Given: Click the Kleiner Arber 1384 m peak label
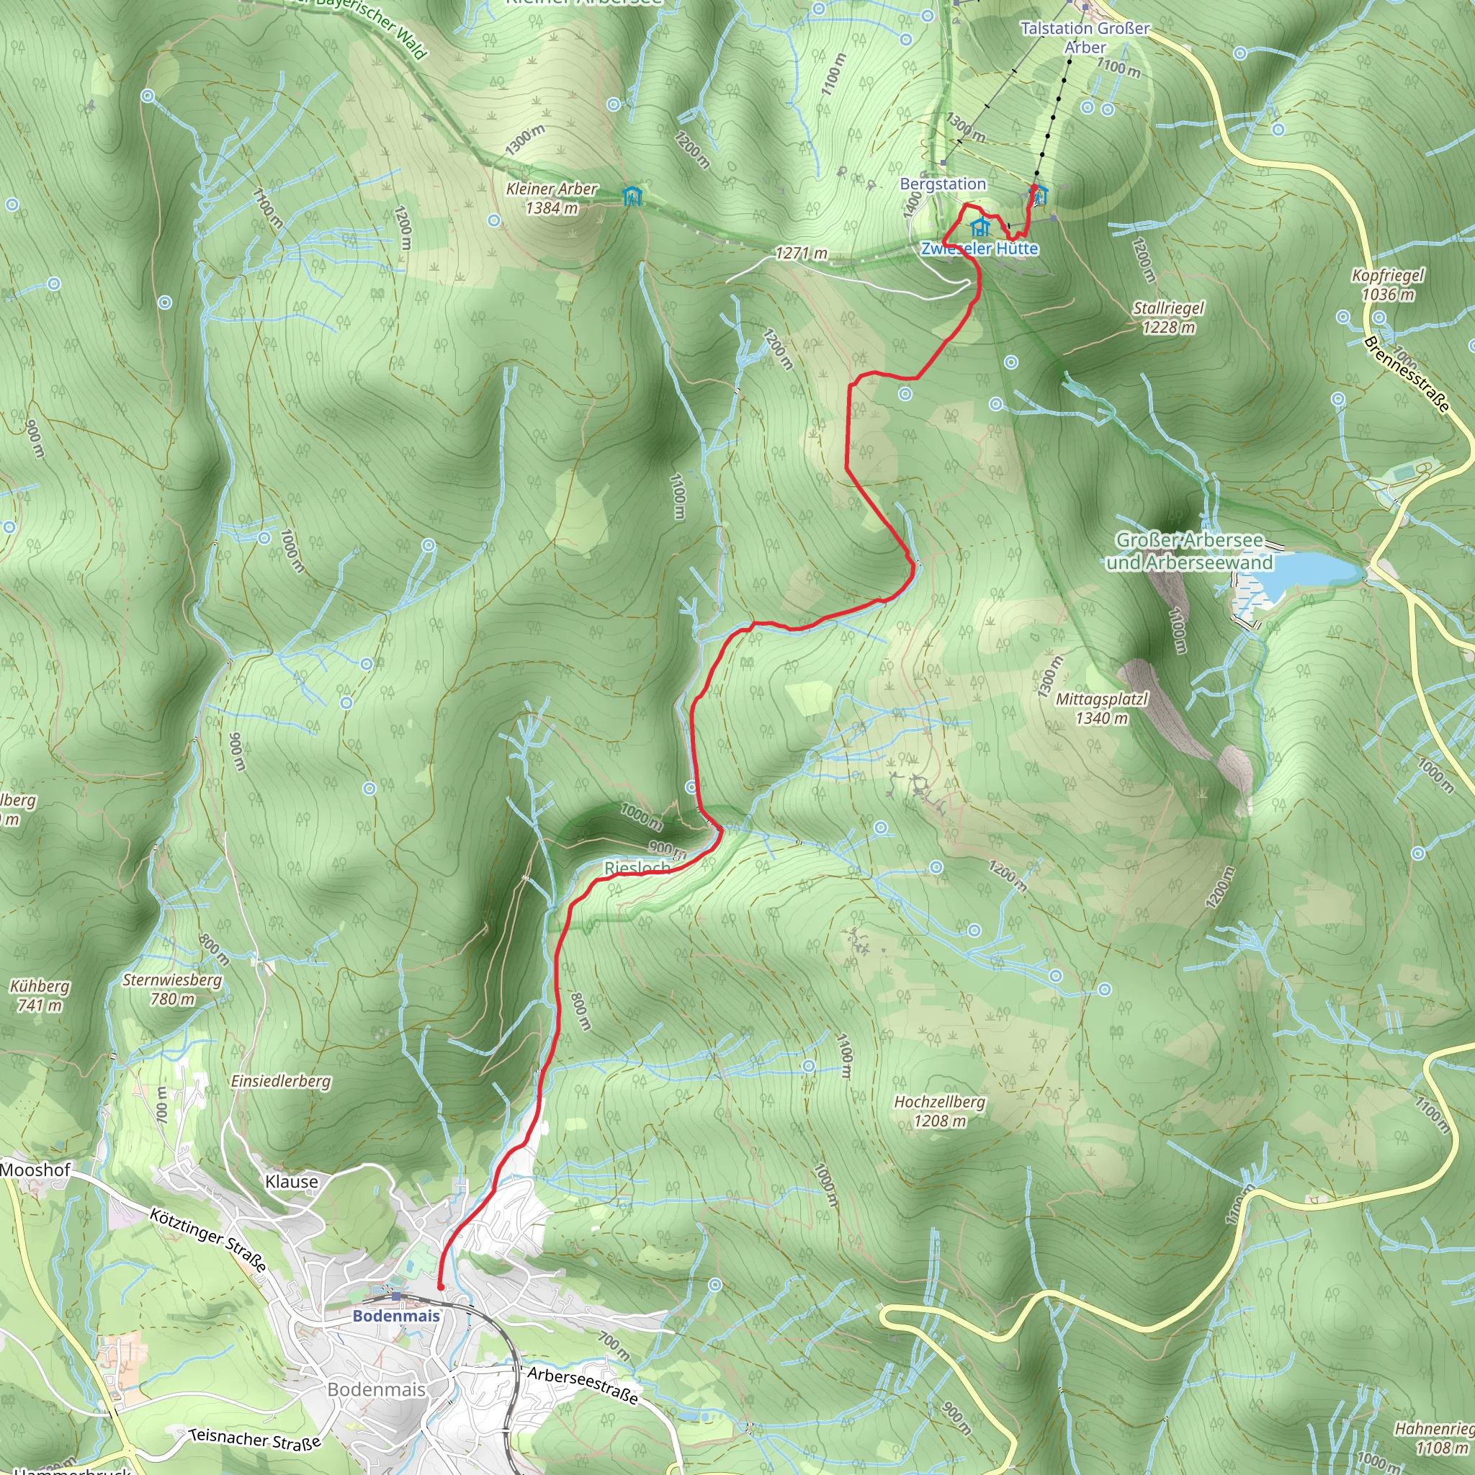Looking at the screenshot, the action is point(551,198).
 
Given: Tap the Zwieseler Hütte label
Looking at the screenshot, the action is point(979,249).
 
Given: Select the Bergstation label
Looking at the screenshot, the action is point(943,184).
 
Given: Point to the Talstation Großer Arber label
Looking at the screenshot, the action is point(1085,37).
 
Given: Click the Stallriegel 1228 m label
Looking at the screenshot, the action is point(1168,318).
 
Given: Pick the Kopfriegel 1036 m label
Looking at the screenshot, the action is point(1387,284).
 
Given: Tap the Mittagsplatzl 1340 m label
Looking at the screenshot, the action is point(1102,708).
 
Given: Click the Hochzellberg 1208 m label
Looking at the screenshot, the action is point(939,1111).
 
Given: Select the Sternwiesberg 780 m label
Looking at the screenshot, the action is point(173,989).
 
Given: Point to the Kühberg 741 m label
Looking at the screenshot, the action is point(40,995).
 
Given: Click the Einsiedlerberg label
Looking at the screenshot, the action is point(281,1081).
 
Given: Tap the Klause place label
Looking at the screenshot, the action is point(292,1182).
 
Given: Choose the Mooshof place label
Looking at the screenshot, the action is point(35,1170).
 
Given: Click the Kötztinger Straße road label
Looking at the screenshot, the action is point(207,1241).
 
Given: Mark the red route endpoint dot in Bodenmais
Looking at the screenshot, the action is point(441,1287).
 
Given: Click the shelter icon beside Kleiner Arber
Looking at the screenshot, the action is point(632,196).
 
